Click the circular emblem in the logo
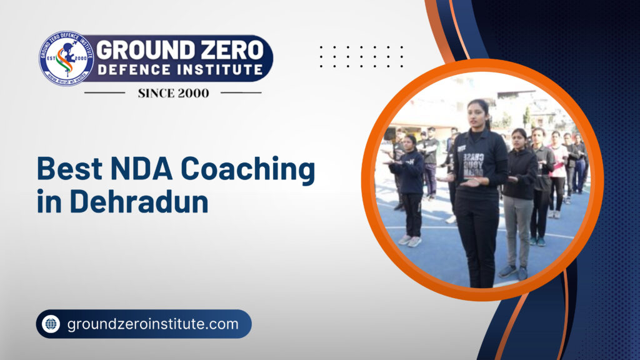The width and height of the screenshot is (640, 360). [66, 58]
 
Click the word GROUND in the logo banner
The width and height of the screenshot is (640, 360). [136, 49]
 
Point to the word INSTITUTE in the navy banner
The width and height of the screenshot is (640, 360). [218, 71]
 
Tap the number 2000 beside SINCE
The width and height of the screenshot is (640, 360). [195, 93]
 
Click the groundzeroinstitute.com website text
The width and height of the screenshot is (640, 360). [152, 324]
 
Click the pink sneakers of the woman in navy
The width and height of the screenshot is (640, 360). [409, 240]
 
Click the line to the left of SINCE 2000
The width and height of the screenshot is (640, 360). [104, 93]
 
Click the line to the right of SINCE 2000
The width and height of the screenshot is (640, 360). [241, 93]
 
